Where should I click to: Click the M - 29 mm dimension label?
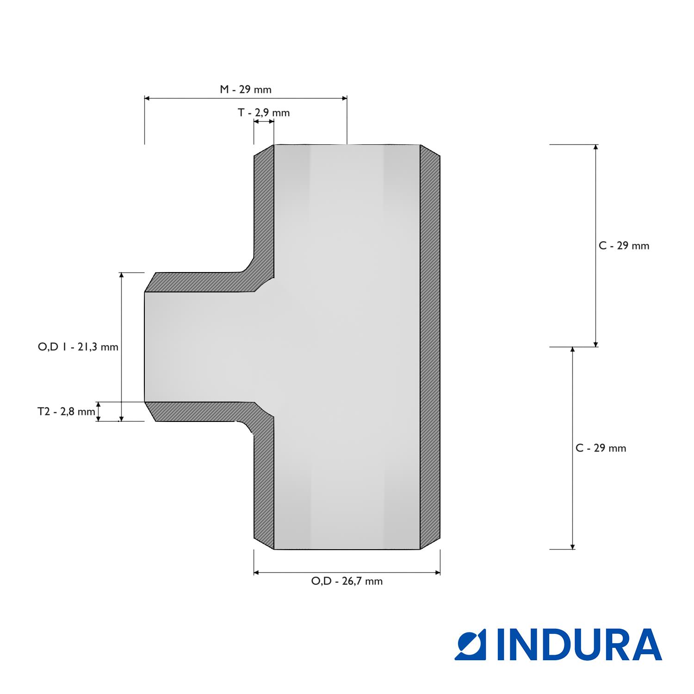[x=245, y=89]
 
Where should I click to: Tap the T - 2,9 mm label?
[x=264, y=112]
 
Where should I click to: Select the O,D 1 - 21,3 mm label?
[x=78, y=347]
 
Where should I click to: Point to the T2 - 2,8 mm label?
[x=66, y=411]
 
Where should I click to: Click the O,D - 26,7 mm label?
[x=347, y=581]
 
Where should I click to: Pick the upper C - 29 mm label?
[x=624, y=246]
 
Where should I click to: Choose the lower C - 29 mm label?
[x=601, y=448]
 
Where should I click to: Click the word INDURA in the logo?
[x=580, y=644]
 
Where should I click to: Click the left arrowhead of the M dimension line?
[x=147, y=98]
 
